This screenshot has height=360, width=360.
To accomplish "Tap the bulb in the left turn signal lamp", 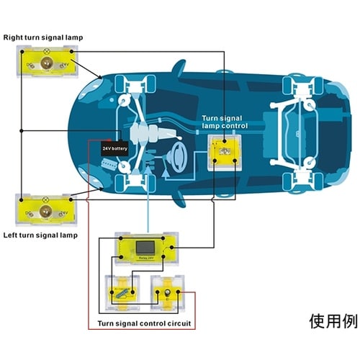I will [45, 212].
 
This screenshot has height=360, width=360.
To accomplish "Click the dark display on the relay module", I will [146, 248].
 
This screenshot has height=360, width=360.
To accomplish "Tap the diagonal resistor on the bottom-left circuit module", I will [122, 292].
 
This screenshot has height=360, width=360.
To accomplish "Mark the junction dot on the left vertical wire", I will [22, 131].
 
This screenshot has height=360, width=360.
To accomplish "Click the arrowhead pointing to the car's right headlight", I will [102, 79].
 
